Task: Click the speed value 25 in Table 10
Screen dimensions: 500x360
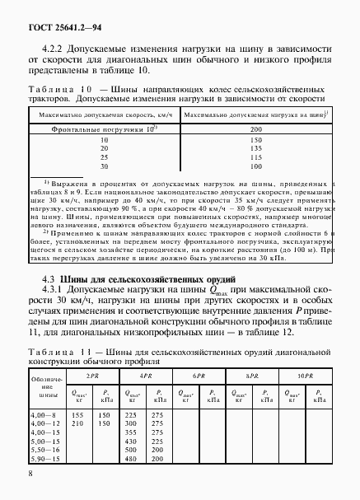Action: tap(105, 157)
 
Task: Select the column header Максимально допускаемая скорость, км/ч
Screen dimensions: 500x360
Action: tap(105, 117)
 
